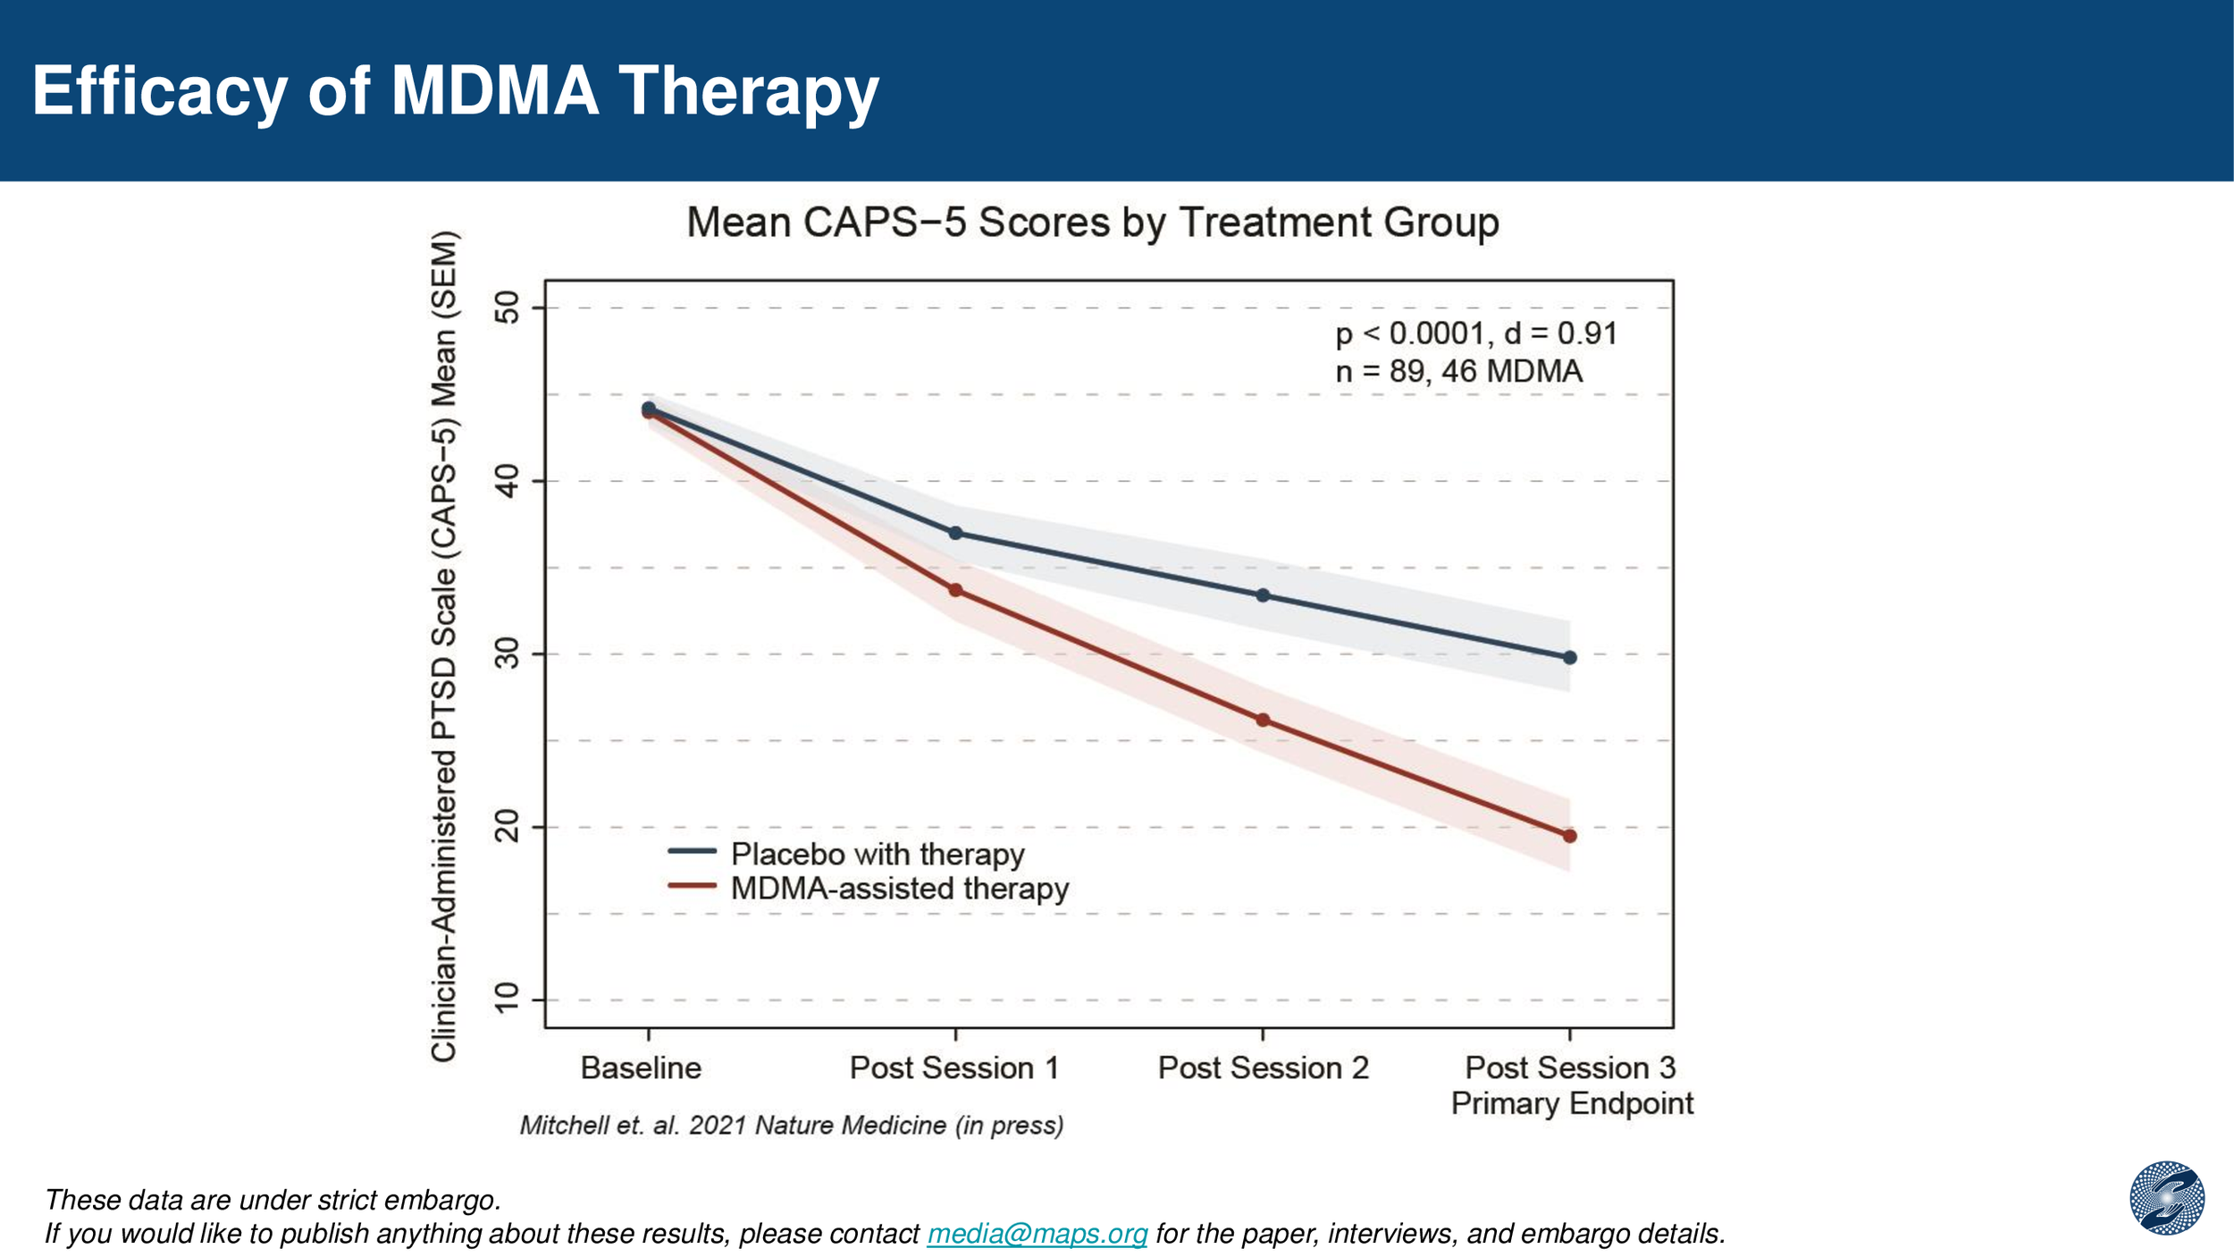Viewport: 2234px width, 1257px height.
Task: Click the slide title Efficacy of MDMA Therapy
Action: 456,91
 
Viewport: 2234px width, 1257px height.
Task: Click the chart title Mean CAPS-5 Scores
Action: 1092,223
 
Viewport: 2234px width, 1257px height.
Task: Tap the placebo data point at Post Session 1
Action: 955,534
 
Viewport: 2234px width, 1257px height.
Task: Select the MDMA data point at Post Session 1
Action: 955,591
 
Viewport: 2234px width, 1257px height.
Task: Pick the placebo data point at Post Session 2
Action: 1263,595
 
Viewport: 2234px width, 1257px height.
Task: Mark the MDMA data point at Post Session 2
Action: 1263,721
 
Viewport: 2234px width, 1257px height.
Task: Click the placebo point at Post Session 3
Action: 1570,658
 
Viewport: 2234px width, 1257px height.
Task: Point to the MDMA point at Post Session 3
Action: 1570,837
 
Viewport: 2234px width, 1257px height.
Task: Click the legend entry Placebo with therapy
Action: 877,855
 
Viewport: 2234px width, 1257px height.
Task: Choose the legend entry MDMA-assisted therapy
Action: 899,889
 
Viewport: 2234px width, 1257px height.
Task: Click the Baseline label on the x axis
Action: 641,1068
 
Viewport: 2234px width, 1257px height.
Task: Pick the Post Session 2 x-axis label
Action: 1263,1068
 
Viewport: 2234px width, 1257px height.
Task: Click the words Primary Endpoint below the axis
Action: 1572,1104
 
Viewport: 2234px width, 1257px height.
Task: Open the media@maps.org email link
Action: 1037,1234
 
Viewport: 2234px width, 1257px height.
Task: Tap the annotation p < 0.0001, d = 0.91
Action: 1476,334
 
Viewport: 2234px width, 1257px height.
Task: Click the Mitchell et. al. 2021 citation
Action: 792,1126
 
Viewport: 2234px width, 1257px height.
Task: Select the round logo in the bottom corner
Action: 2167,1198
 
